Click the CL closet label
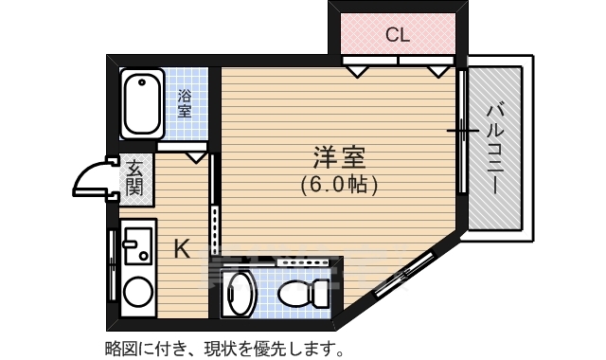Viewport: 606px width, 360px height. pyautogui.click(x=398, y=36)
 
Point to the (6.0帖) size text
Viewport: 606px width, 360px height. pyautogui.click(x=340, y=184)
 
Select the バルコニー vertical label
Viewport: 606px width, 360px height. pyautogui.click(x=494, y=147)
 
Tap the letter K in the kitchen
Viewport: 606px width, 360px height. pyautogui.click(x=182, y=249)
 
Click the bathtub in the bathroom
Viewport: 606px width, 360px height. pyautogui.click(x=143, y=103)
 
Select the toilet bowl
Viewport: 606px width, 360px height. pyautogui.click(x=302, y=294)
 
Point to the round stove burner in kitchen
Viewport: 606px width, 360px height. pyautogui.click(x=138, y=290)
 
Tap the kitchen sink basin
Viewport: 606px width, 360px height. pyautogui.click(x=138, y=244)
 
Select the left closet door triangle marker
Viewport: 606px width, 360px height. pyautogui.click(x=357, y=69)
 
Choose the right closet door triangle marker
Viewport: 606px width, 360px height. pyautogui.click(x=438, y=69)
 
